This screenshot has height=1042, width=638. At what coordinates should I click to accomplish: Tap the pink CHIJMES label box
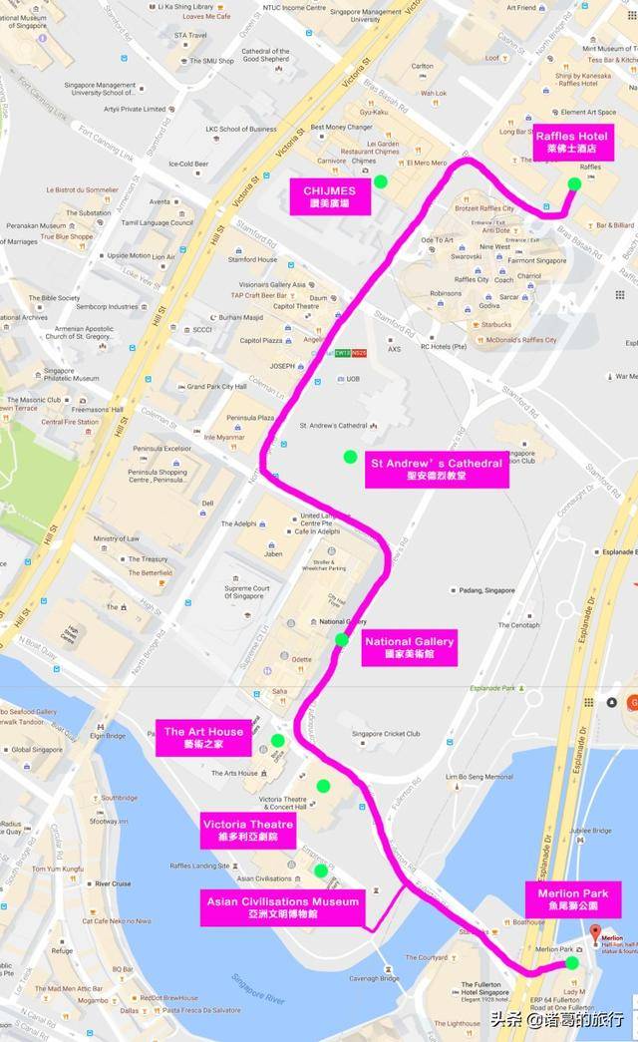329,196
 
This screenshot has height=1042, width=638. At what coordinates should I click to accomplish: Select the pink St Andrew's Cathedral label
437,470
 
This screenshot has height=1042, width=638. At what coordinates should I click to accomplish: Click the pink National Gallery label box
409,647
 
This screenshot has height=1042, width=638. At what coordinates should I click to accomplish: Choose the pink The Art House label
203,738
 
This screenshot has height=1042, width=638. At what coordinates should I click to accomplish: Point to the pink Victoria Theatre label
247,831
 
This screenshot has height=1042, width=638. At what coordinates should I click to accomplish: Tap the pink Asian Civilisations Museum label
283,907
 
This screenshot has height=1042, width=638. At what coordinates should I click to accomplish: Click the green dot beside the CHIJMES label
380,180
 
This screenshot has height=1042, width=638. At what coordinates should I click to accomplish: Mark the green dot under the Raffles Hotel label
574,183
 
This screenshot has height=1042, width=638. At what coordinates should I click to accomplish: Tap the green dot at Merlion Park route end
572,963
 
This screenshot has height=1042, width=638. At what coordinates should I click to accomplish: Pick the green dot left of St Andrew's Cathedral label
350,457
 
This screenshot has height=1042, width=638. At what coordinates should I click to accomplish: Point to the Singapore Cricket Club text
387,734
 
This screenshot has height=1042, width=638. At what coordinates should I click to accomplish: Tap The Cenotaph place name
518,625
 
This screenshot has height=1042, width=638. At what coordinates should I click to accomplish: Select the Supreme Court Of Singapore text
246,593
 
